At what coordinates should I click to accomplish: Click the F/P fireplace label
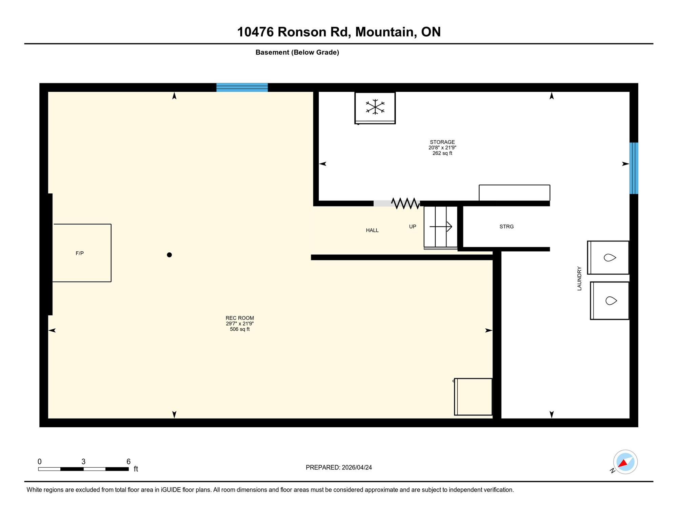click(x=80, y=253)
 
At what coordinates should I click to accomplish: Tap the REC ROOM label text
click(x=240, y=318)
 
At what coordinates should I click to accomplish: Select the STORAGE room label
click(x=442, y=142)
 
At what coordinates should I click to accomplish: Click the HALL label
click(x=372, y=230)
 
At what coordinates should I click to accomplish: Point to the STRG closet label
click(x=506, y=227)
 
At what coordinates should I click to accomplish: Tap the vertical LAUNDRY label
click(x=579, y=278)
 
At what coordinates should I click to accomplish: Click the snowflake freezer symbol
click(x=375, y=107)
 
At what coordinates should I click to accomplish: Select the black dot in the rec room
click(x=169, y=255)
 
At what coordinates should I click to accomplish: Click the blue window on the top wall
click(x=242, y=88)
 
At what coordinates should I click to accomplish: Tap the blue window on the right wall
click(x=634, y=168)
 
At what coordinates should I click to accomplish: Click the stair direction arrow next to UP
click(x=441, y=226)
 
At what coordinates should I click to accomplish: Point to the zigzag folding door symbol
click(x=405, y=203)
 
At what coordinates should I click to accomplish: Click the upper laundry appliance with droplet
click(x=608, y=257)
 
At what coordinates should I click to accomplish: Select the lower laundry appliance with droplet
click(x=610, y=300)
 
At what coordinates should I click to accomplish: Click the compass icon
click(x=625, y=462)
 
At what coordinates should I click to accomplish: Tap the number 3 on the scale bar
click(x=83, y=462)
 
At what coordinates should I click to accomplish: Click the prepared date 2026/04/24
click(x=357, y=467)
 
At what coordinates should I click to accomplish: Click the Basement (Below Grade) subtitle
click(x=297, y=52)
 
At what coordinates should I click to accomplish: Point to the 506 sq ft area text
click(x=240, y=329)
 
